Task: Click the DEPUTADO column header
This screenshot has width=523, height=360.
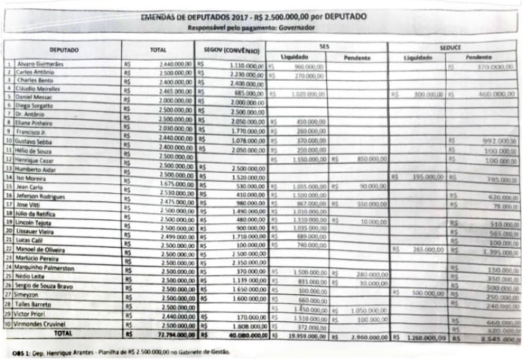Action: point(64,51)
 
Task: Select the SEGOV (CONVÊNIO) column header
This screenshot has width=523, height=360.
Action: point(231,51)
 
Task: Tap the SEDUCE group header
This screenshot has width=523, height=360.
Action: point(450,46)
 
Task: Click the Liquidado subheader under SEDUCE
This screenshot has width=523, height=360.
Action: point(417,58)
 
